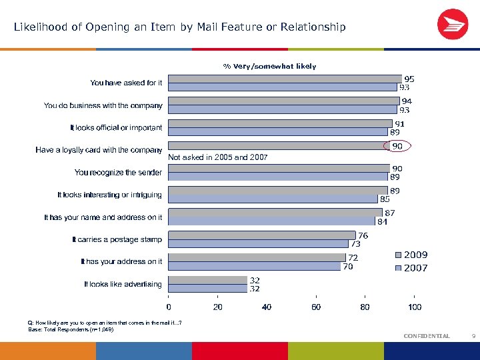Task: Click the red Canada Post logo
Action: click(453, 25)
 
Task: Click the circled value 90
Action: click(397, 146)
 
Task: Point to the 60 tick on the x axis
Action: click(316, 307)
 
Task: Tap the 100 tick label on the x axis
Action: click(415, 307)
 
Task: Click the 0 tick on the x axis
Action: click(169, 307)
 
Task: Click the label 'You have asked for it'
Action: click(126, 83)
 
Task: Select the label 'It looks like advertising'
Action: click(123, 284)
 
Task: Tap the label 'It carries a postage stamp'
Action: click(117, 239)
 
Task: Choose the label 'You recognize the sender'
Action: click(118, 173)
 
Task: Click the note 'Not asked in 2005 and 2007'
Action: click(218, 158)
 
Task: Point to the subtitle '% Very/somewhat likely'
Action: click(269, 66)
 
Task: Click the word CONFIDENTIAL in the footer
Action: click(427, 336)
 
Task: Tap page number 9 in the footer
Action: click(473, 336)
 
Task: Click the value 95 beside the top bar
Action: click(409, 79)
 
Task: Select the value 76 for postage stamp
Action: click(363, 235)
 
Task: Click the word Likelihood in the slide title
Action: click(40, 27)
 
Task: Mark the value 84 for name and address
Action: click(382, 221)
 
